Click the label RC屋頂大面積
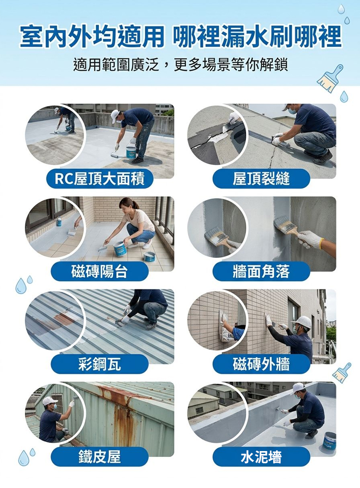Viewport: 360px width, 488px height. point(100,179)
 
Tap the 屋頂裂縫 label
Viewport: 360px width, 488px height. point(261,179)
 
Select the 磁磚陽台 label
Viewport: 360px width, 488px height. point(100,271)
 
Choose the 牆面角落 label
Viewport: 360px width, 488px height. point(261,271)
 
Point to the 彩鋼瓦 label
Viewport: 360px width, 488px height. point(100,364)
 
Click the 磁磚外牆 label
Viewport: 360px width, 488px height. point(261,364)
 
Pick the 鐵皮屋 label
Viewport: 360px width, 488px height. point(100,456)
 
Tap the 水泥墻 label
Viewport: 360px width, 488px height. point(261,456)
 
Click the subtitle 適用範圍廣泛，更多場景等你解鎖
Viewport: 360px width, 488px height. point(180,65)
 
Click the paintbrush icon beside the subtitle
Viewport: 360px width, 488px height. point(330,78)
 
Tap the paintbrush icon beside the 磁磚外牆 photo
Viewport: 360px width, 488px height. point(342,372)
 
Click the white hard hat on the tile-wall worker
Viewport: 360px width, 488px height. point(301,322)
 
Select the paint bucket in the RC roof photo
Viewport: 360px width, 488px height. point(131,153)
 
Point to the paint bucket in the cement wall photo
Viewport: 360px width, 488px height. point(329,440)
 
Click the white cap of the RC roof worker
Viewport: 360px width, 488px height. point(115,116)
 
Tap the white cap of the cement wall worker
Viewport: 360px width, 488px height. point(298,388)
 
